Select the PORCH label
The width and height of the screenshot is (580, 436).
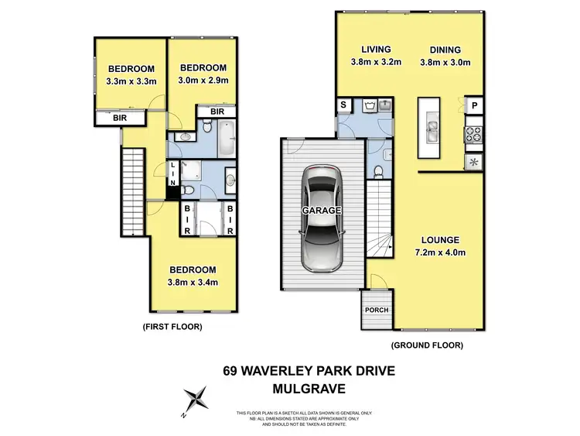[x=377, y=310]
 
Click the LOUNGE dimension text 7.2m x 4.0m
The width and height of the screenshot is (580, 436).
[x=441, y=252]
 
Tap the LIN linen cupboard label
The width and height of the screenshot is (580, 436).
[x=172, y=175]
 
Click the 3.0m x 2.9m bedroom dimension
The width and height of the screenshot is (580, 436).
[x=200, y=80]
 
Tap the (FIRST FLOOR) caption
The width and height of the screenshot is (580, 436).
[x=172, y=328]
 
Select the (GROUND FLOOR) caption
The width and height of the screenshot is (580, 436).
[x=427, y=345]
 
